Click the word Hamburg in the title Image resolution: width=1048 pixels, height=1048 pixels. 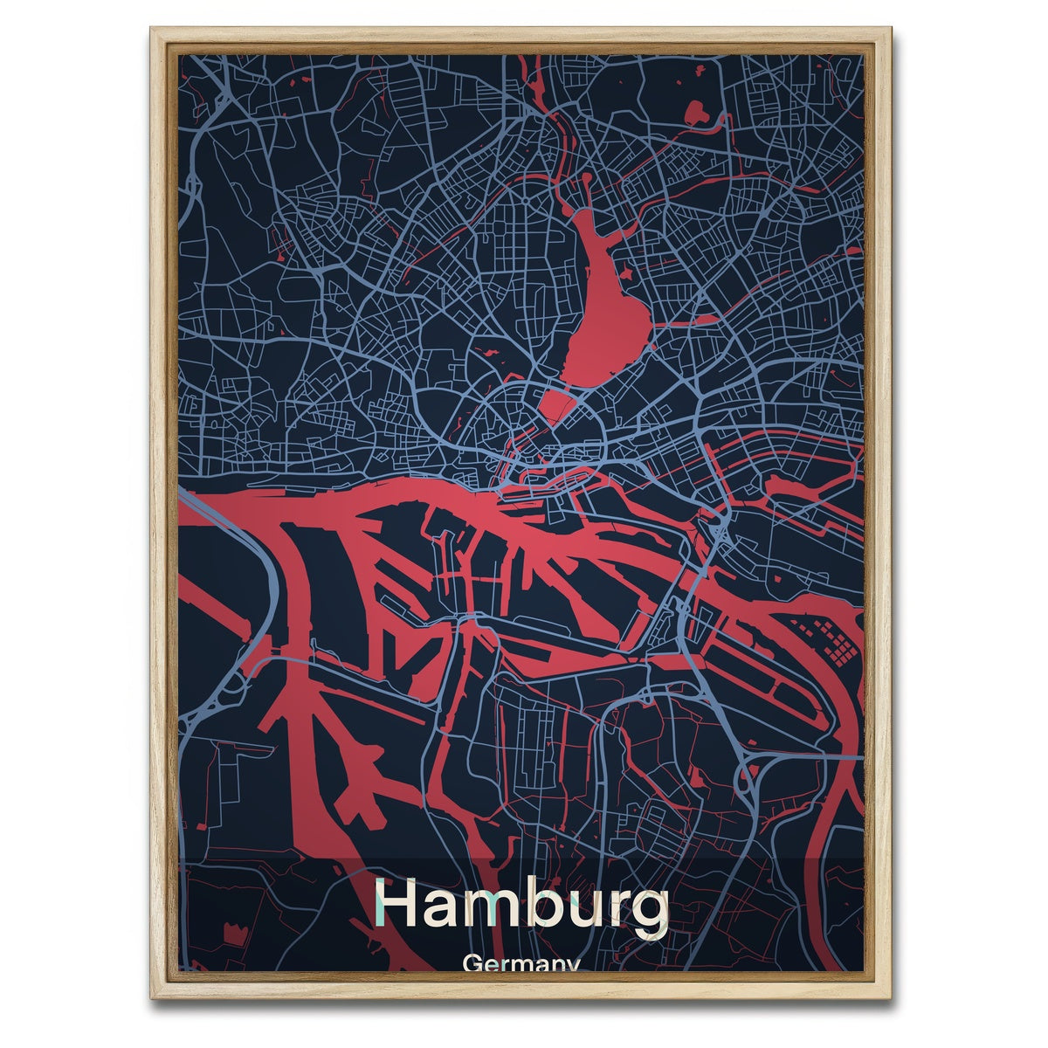(521, 907)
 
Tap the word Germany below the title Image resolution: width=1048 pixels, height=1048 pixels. (521, 964)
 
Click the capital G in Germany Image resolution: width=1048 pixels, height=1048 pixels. (473, 963)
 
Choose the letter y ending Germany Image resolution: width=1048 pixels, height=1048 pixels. (571, 966)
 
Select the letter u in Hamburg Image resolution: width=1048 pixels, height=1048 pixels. (591, 910)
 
